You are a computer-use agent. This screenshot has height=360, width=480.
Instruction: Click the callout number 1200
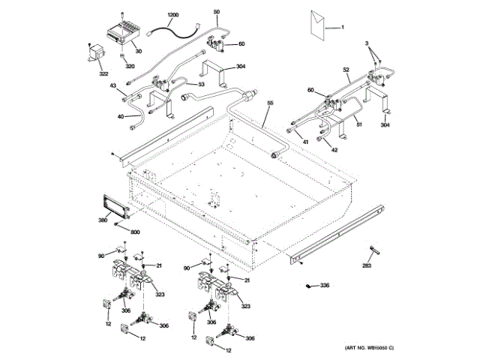(x=173, y=16)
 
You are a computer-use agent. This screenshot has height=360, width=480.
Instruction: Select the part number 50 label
(x=217, y=13)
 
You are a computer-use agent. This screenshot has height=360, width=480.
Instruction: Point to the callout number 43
(x=113, y=87)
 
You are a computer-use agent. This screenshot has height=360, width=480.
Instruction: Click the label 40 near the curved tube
(x=120, y=116)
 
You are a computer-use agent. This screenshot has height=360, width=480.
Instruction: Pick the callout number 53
(x=201, y=85)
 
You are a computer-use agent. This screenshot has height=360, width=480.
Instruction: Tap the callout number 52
(x=347, y=70)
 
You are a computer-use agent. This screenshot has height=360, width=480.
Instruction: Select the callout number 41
(x=305, y=142)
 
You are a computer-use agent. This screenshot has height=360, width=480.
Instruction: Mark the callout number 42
(x=334, y=150)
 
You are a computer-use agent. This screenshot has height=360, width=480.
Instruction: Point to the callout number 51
(x=359, y=124)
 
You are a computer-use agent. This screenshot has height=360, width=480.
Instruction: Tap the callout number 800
(x=135, y=232)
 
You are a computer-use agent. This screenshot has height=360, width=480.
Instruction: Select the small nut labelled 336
(x=308, y=286)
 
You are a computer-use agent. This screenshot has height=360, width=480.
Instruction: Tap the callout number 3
(x=368, y=46)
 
